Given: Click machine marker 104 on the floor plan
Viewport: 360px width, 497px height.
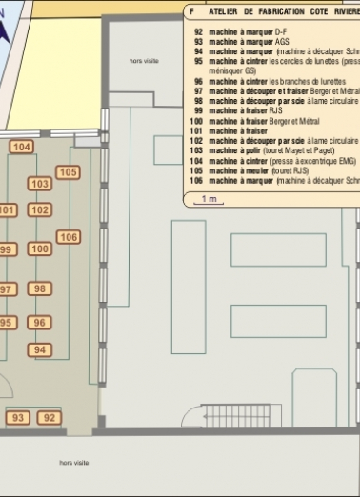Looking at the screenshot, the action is pyautogui.click(x=21, y=147).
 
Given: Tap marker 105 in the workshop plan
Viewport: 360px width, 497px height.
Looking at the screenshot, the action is pyautogui.click(x=68, y=172).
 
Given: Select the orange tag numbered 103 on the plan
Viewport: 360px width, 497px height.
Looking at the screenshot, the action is pyautogui.click(x=40, y=184).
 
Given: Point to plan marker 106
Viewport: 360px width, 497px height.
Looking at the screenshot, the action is pyautogui.click(x=69, y=236).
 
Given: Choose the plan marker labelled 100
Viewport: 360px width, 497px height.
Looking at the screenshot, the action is pyautogui.click(x=39, y=248).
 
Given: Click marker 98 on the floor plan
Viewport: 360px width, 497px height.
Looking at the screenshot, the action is pyautogui.click(x=39, y=288).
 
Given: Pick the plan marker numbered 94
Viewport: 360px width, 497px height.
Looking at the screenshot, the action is pyautogui.click(x=39, y=349).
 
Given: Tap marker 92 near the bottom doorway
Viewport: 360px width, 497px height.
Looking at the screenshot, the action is pyautogui.click(x=50, y=417).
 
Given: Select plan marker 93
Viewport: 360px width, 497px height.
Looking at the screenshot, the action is pyautogui.click(x=18, y=417).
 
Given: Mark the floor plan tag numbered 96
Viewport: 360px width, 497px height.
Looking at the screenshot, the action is pyautogui.click(x=39, y=322).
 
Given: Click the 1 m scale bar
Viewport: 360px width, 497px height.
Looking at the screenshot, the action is pyautogui.click(x=206, y=200).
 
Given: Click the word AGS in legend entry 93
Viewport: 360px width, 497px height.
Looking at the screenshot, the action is pyautogui.click(x=282, y=42).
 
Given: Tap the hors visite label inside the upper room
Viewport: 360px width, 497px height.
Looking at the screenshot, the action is pyautogui.click(x=144, y=60).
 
